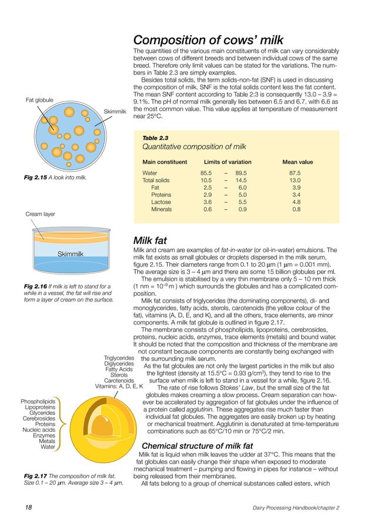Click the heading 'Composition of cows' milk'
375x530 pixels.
point(208,41)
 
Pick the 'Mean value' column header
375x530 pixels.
point(297,162)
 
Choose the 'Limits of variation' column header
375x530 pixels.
point(227,162)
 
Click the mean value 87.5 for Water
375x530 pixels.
point(295,173)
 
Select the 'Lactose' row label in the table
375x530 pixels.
point(160,202)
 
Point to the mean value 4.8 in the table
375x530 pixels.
point(296,202)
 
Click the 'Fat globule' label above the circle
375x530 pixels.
point(39,100)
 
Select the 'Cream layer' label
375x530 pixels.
point(40,214)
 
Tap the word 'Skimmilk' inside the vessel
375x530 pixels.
point(70,253)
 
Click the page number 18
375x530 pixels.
point(28,507)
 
